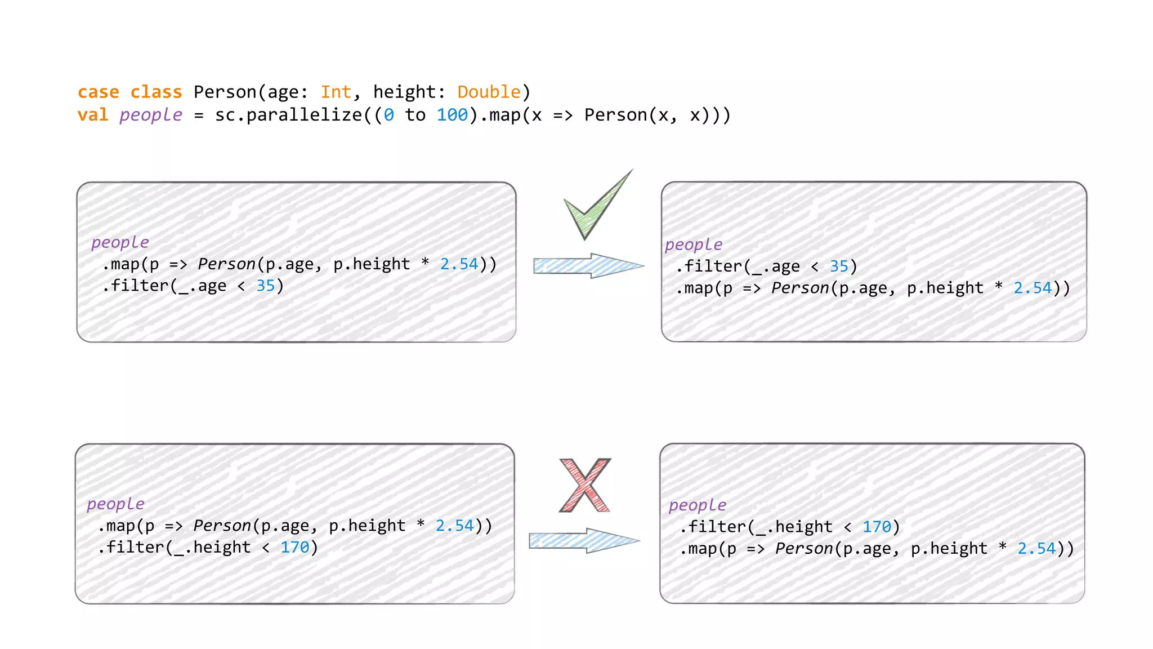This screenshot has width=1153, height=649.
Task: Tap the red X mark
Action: click(585, 485)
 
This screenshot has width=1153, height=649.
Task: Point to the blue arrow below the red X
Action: click(583, 541)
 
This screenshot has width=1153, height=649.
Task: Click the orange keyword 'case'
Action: click(99, 92)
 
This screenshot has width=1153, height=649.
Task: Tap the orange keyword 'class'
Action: click(156, 92)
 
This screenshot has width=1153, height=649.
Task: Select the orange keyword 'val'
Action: click(93, 115)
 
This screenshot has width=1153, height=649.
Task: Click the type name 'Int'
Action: click(336, 92)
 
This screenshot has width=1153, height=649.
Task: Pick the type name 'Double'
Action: click(489, 92)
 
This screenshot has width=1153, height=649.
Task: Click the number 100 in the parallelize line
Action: click(452, 115)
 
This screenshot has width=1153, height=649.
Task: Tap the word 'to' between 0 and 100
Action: click(415, 115)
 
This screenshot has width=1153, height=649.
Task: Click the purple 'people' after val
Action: click(151, 115)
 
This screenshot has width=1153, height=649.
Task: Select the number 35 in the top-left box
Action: click(266, 286)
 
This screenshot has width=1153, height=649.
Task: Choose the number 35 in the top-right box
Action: click(839, 266)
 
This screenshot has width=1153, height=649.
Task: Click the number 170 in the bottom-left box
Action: click(295, 547)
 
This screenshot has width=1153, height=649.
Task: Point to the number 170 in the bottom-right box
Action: click(877, 527)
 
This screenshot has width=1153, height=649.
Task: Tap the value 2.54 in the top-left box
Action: click(459, 264)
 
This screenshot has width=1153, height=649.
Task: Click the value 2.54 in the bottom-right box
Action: click(1036, 548)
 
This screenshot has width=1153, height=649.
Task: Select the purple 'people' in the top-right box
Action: click(694, 245)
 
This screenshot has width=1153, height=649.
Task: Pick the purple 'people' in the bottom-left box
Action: click(116, 504)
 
